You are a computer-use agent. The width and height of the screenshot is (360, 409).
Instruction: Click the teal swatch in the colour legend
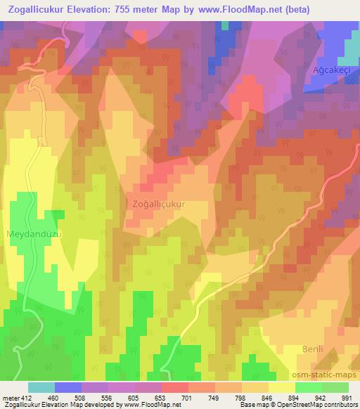click(41, 387)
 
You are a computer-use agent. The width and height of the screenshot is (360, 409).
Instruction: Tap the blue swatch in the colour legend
click(68, 387)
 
